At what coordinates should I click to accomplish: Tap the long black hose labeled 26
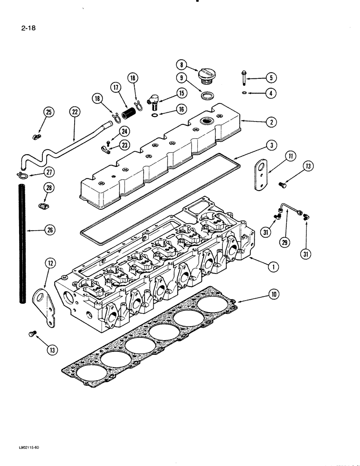pos(21,242)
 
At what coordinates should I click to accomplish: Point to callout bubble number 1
pos(273,267)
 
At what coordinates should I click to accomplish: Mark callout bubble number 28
pos(49,188)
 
